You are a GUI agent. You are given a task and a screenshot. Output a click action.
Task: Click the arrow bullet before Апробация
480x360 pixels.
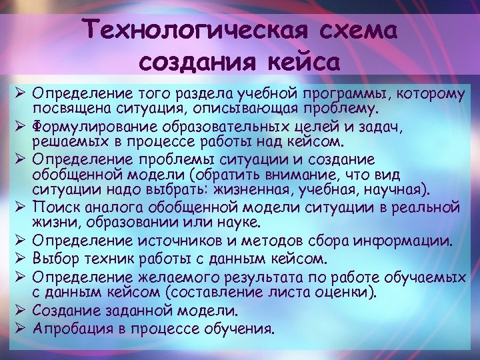click(20, 329)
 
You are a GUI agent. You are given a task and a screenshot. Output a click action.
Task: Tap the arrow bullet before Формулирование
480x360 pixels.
click(20, 126)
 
